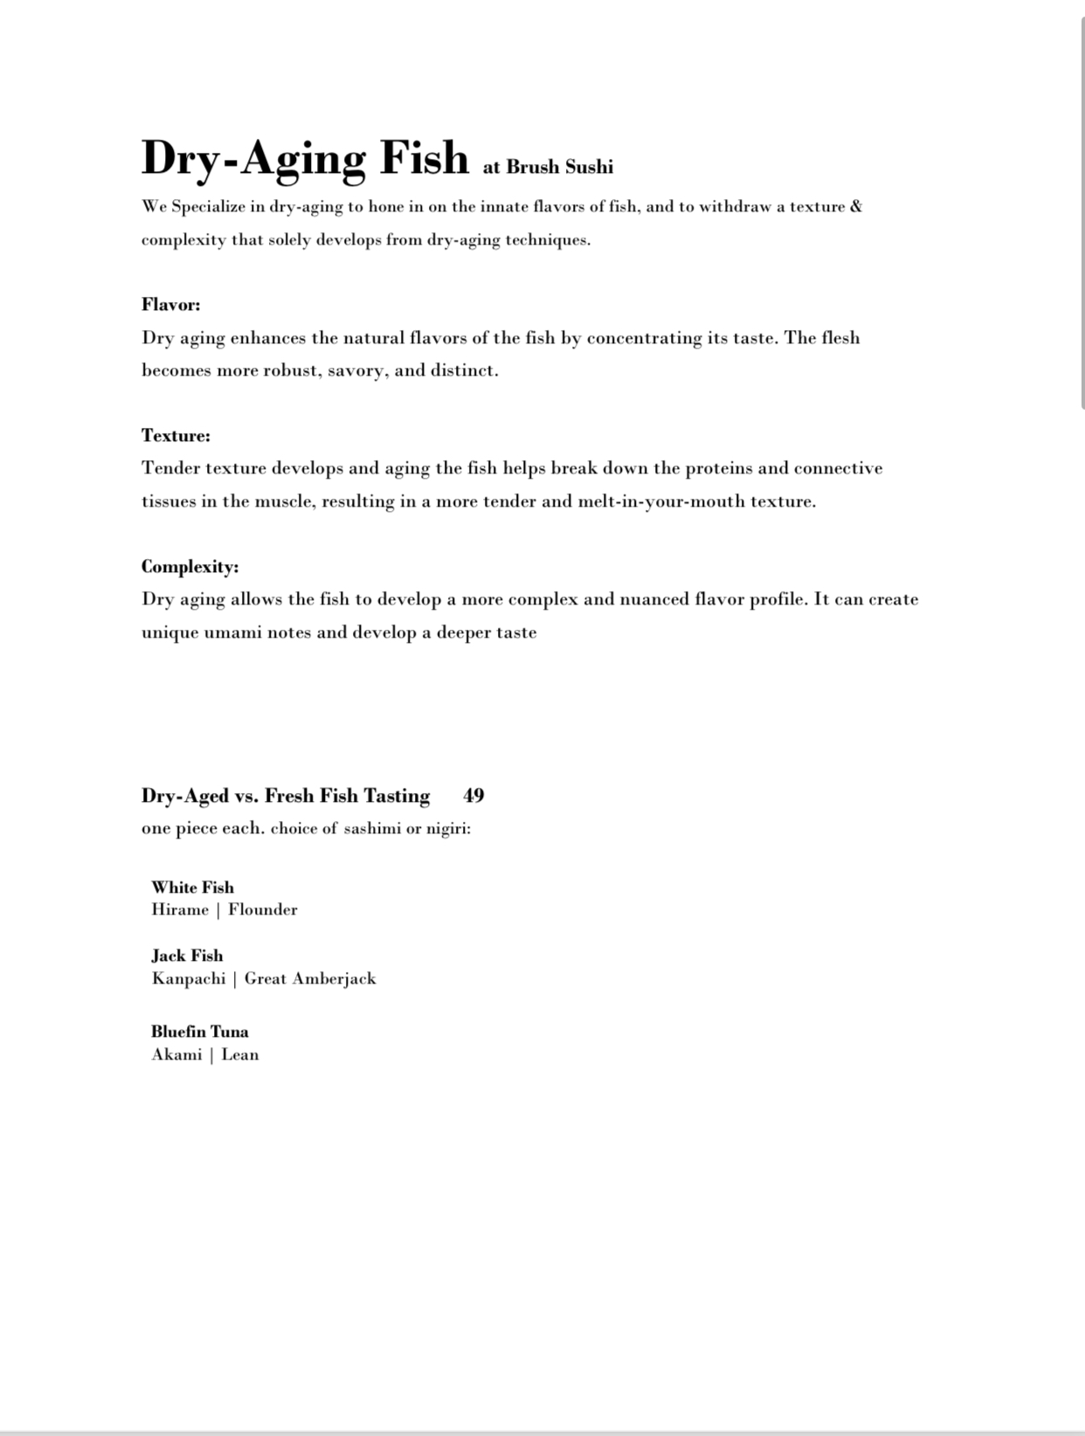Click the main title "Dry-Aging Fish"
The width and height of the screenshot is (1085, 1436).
[x=305, y=159]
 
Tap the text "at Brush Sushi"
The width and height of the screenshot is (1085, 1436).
[x=548, y=167]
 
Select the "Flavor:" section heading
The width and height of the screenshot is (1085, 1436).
[x=171, y=305]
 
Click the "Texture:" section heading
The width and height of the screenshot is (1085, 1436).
[x=176, y=436]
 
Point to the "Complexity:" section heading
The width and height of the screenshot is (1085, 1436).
[x=190, y=567]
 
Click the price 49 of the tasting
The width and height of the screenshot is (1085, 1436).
[x=473, y=796]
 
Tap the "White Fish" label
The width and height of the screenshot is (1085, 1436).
[x=192, y=887]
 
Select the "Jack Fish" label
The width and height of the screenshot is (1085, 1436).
[x=187, y=956]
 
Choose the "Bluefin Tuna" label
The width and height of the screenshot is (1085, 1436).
[x=199, y=1032]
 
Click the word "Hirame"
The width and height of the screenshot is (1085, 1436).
[x=180, y=909]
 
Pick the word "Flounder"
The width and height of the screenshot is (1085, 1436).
[x=263, y=909]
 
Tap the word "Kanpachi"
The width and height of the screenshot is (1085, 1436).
[x=189, y=978]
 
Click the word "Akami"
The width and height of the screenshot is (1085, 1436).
[x=176, y=1054]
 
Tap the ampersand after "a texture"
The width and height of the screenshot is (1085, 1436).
[x=855, y=207]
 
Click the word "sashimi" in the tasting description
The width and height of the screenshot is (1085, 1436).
[x=371, y=829]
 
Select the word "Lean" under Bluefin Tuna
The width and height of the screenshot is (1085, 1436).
[x=240, y=1054]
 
